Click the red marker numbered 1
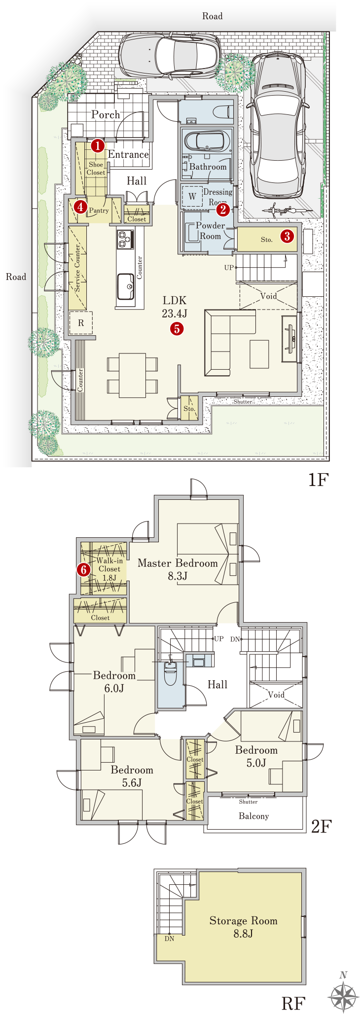pos(98,145)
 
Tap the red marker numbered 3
pos(287,236)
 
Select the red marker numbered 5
pos(177,328)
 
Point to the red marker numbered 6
pos(84,570)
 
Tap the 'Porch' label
pos(106,114)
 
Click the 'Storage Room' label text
pos(243,921)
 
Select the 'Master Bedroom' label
pos(178,563)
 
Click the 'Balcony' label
pos(253,816)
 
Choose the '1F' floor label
pos(318,479)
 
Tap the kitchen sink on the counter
pos(126,286)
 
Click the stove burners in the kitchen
pos(125,240)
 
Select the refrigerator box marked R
pos(81,323)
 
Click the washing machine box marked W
pos(192,197)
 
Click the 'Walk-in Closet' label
pos(109,565)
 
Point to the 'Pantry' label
pos(99,210)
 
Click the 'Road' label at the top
pos(213,16)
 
